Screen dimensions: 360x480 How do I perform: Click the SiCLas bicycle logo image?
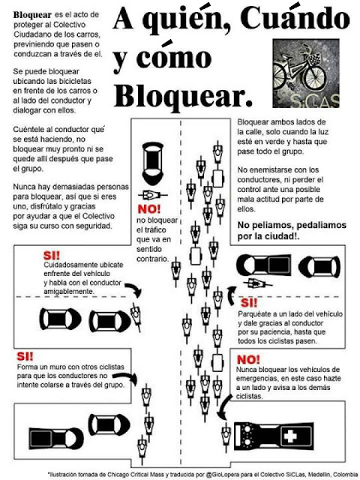(306, 73)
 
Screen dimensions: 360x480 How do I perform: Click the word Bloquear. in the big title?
(183, 96)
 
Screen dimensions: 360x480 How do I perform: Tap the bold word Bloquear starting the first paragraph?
(32, 15)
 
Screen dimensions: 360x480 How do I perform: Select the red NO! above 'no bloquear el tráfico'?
(149, 209)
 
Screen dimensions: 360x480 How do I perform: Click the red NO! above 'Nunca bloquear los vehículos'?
(248, 360)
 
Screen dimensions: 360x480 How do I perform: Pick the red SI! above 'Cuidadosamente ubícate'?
(52, 256)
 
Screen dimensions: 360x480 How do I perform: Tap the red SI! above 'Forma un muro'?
(25, 356)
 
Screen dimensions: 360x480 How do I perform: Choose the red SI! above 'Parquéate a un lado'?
(249, 303)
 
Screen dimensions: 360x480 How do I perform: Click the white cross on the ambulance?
(289, 436)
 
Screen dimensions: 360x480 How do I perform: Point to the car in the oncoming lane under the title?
(153, 163)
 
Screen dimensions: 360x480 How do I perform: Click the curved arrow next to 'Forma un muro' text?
(125, 378)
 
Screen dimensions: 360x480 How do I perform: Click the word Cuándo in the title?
(295, 18)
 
